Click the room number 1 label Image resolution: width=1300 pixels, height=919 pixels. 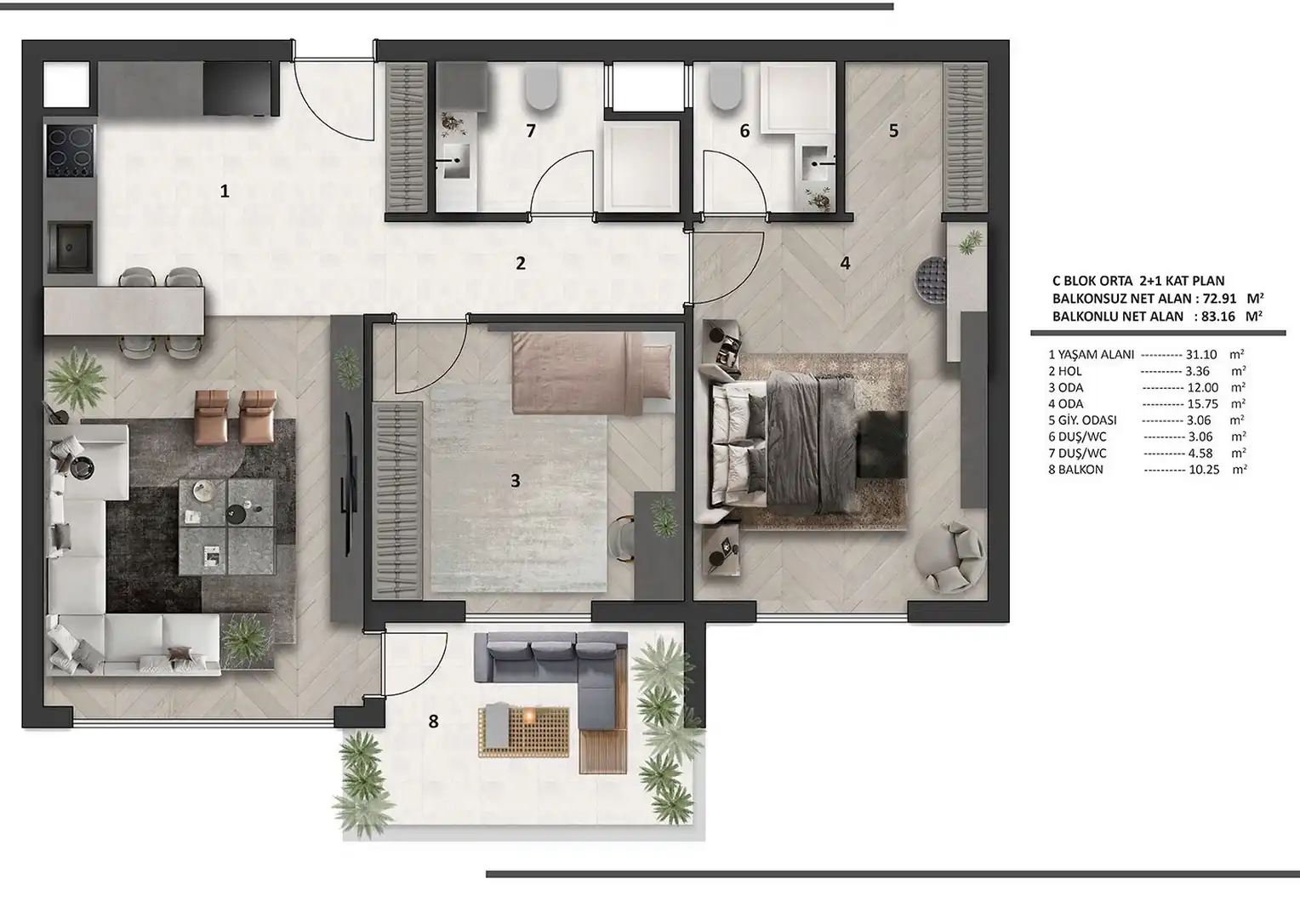tap(225, 191)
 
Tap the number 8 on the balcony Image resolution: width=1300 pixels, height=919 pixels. tap(433, 721)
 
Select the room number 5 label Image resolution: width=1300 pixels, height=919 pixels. tap(893, 131)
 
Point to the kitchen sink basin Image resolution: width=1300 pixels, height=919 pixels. tap(70, 246)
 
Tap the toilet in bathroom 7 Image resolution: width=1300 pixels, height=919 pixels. tap(541, 87)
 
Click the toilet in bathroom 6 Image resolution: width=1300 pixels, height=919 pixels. tap(726, 87)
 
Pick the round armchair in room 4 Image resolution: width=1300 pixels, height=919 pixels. tap(949, 557)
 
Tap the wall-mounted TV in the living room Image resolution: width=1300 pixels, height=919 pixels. tap(348, 485)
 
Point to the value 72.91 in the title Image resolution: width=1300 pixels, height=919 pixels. tap(1215, 299)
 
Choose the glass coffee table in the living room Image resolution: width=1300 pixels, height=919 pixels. tap(226, 527)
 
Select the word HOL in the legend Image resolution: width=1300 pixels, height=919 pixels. tap(1070, 371)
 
